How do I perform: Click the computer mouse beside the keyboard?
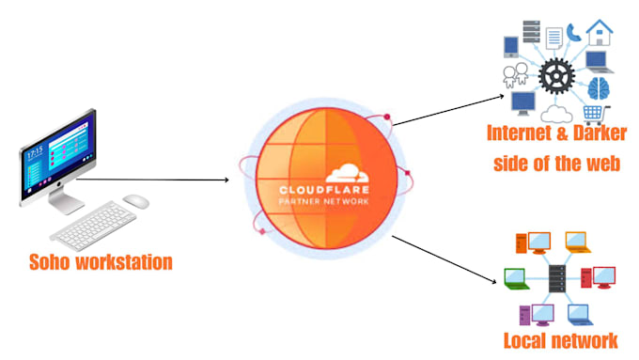point(136,201)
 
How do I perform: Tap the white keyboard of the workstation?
point(93,225)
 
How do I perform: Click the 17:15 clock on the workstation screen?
point(35,153)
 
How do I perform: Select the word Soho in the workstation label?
point(49,261)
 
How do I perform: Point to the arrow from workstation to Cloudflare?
point(152,180)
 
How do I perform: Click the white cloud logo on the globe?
point(347,173)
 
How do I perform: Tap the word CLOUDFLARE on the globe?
point(324,190)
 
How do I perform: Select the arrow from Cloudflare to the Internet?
point(448,110)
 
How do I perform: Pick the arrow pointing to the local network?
point(444,258)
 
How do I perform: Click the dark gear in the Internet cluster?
point(556,76)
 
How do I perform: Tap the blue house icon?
point(600,32)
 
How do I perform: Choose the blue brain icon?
point(599,88)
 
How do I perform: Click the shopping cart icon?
point(596,115)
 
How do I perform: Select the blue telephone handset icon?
point(573,33)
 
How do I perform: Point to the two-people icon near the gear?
point(516,75)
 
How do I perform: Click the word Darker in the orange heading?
point(600,133)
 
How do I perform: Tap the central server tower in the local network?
point(557,279)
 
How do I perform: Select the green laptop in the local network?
point(517,279)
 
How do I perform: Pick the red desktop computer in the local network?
point(598,277)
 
